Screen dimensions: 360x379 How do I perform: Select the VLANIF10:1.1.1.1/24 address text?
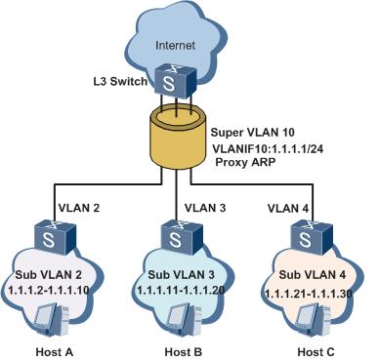tap(271, 146)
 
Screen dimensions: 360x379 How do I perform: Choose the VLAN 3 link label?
tap(204, 206)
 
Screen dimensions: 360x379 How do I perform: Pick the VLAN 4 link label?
tap(286, 206)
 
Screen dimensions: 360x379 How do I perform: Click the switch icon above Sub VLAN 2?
tap(51, 235)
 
